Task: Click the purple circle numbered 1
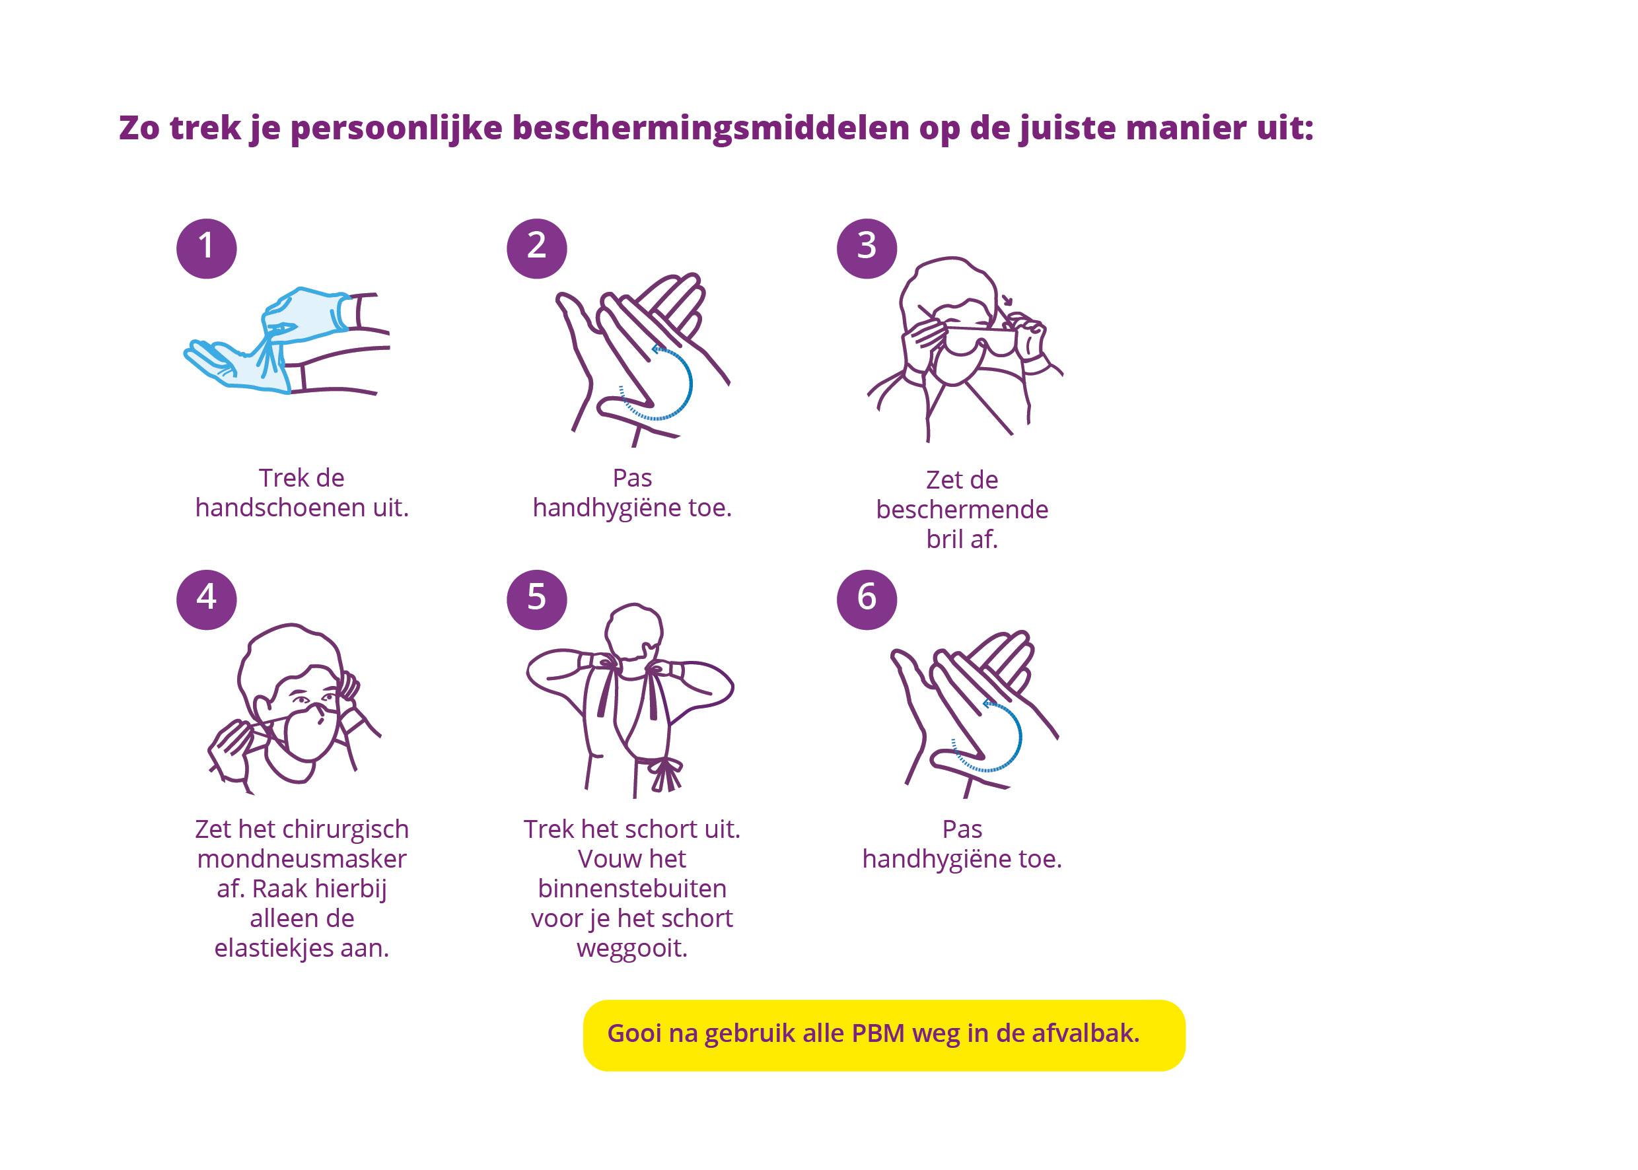click(207, 248)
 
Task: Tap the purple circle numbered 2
click(537, 248)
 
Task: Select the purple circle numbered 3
click(867, 248)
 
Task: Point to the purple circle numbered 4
click(207, 600)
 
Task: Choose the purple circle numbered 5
click(537, 600)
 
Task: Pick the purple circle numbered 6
click(867, 600)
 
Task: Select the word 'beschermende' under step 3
click(962, 509)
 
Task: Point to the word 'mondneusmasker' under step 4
click(302, 859)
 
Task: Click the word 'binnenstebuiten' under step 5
click(632, 888)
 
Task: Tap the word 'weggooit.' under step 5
click(632, 948)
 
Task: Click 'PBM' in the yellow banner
click(878, 1033)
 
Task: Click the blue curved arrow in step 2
click(690, 384)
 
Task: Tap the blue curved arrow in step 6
click(1020, 736)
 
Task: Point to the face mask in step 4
click(311, 734)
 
